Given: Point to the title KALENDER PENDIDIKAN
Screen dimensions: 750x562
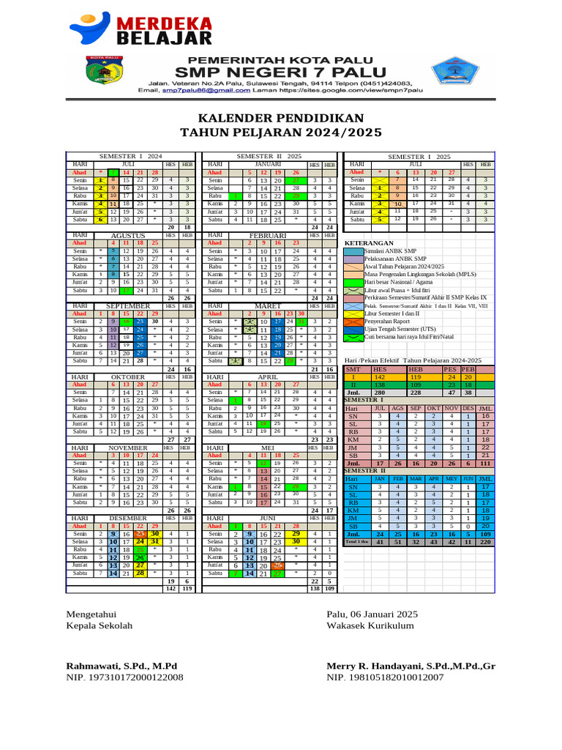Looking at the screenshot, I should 280,119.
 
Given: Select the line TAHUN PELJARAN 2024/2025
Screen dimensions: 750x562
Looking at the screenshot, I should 280,133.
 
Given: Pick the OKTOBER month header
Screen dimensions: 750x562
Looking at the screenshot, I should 128,376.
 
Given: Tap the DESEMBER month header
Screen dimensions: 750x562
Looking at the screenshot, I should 128,519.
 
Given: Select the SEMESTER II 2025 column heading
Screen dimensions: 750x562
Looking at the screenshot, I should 268,157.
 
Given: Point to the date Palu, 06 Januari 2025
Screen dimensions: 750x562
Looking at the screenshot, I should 372,614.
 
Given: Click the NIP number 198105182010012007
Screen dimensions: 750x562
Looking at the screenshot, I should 385,677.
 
